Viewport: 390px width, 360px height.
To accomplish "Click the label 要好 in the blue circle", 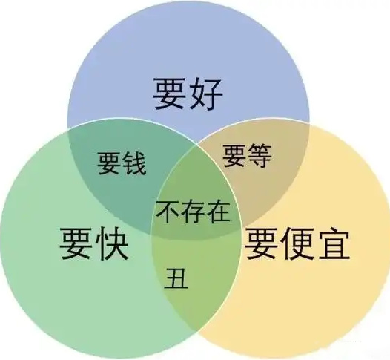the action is click(x=188, y=94).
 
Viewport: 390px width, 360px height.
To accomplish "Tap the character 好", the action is click(x=205, y=94).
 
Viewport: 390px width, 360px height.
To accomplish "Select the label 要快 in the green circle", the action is click(x=93, y=243).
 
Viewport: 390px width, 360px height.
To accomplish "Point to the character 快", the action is click(x=112, y=243).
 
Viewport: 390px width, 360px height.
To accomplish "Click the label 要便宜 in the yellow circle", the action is click(x=297, y=243).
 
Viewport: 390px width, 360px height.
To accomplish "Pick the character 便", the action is click(x=297, y=243).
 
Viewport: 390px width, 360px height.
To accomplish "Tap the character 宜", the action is click(x=333, y=243).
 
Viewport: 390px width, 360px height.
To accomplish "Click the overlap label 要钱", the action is click(x=122, y=163).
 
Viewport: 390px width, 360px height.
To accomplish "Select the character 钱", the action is click(x=133, y=163).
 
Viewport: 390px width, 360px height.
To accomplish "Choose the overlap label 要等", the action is click(x=247, y=156).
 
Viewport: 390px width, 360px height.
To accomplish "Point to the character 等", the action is click(x=260, y=156).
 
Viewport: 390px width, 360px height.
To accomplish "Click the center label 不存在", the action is click(x=193, y=212).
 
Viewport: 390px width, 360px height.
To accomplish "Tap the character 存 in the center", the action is click(x=193, y=212).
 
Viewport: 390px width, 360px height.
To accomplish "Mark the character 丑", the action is click(x=176, y=278).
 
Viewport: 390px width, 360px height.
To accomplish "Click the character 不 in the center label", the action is click(x=168, y=212).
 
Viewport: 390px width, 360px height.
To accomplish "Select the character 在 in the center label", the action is click(x=218, y=212).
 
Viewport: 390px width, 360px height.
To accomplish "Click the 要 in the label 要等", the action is click(x=234, y=156).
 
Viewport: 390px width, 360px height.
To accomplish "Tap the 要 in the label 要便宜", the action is click(x=262, y=243).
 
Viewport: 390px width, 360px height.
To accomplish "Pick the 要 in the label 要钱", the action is click(x=110, y=163).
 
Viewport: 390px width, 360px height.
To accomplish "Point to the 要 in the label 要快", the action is click(x=76, y=243).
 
